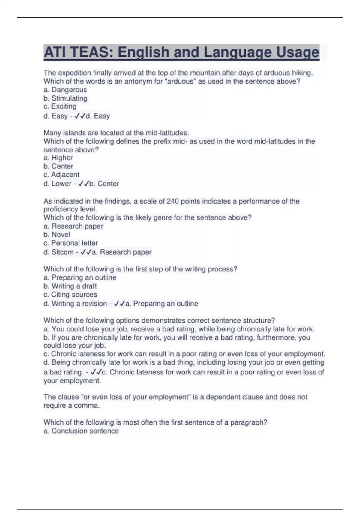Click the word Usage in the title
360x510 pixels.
coord(297,52)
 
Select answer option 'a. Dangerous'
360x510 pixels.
coord(65,90)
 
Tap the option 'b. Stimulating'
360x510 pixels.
coord(65,98)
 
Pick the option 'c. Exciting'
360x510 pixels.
coord(60,106)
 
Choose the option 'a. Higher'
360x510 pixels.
coord(58,157)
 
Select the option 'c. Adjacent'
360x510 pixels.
coord(61,175)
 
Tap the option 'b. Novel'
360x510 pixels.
coord(57,234)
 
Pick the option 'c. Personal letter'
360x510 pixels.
coord(70,243)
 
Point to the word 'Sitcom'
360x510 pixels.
coord(62,252)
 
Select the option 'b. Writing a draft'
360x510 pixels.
coord(70,286)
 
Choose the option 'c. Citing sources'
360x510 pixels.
coord(70,294)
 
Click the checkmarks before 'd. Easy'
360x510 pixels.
coord(79,116)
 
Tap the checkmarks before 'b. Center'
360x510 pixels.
coord(83,184)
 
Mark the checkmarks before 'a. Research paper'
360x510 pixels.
coord(86,252)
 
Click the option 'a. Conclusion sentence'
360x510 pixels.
coord(81,431)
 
